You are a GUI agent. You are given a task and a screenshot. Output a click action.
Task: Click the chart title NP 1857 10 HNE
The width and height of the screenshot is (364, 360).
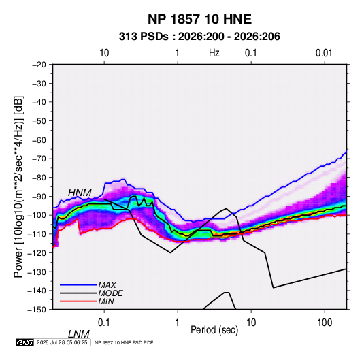199,19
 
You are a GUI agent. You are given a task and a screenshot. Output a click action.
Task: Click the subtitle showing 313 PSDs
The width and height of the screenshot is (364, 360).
199,37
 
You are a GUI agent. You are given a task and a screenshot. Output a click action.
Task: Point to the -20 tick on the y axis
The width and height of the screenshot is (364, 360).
39,65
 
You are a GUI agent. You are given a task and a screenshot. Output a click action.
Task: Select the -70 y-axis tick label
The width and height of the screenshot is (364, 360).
39,159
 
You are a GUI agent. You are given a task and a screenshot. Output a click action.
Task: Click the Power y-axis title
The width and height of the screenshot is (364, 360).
18,186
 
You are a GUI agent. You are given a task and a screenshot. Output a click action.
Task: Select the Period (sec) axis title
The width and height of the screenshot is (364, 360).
214,330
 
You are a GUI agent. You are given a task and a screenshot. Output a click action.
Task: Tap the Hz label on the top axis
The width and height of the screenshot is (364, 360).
214,53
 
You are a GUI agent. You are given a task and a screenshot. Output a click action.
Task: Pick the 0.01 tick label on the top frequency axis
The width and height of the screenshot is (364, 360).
324,53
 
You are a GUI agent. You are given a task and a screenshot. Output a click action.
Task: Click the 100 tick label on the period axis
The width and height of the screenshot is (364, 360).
325,323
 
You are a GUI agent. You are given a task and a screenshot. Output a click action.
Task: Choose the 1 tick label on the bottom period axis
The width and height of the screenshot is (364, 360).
178,323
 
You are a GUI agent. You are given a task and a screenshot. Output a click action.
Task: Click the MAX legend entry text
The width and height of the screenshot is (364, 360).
107,285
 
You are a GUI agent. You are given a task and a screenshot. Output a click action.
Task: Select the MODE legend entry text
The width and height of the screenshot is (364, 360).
110,293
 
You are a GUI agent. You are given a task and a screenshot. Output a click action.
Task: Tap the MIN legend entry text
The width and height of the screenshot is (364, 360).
106,301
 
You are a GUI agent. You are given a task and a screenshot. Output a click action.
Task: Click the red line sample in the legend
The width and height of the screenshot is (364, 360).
78,301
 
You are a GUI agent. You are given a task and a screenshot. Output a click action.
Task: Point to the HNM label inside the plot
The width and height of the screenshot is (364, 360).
80,193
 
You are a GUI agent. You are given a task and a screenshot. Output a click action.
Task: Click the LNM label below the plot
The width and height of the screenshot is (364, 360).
78,334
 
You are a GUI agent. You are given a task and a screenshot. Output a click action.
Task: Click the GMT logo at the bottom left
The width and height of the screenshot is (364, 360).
25,342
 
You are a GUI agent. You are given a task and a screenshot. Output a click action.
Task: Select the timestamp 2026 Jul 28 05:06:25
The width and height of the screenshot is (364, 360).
62,342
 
